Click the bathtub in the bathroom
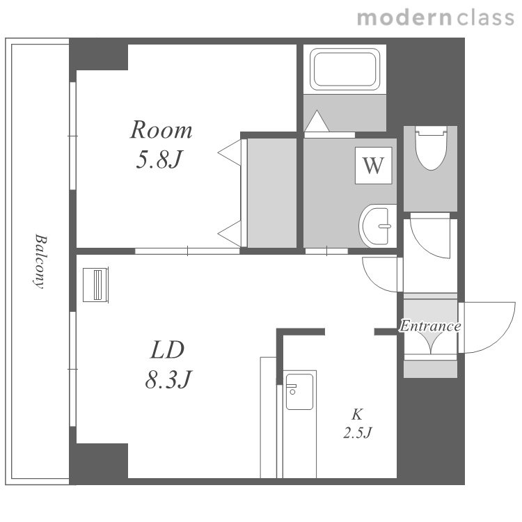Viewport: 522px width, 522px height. pos(345,69)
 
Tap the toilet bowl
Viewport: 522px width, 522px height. pos(431,148)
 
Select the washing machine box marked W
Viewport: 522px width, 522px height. pos(374,166)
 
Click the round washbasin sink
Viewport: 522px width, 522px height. pos(377,226)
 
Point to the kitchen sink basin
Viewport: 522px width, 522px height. pos(299,392)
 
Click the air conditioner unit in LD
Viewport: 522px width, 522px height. pos(95,285)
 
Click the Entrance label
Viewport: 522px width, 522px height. pos(430,326)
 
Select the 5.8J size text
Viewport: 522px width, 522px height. pos(160,159)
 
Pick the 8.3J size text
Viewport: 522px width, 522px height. pos(168,379)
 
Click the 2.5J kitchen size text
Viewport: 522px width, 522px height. pos(357,433)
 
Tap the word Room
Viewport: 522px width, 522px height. pos(161,129)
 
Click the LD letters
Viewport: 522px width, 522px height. pos(167,349)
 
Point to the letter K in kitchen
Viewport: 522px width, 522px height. pos(357,415)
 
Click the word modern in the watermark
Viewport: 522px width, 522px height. pos(404,17)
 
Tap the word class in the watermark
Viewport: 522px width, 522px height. pos(486,17)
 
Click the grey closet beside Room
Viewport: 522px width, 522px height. pos(272,193)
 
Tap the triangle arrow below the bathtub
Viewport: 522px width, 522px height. pos(317,121)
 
